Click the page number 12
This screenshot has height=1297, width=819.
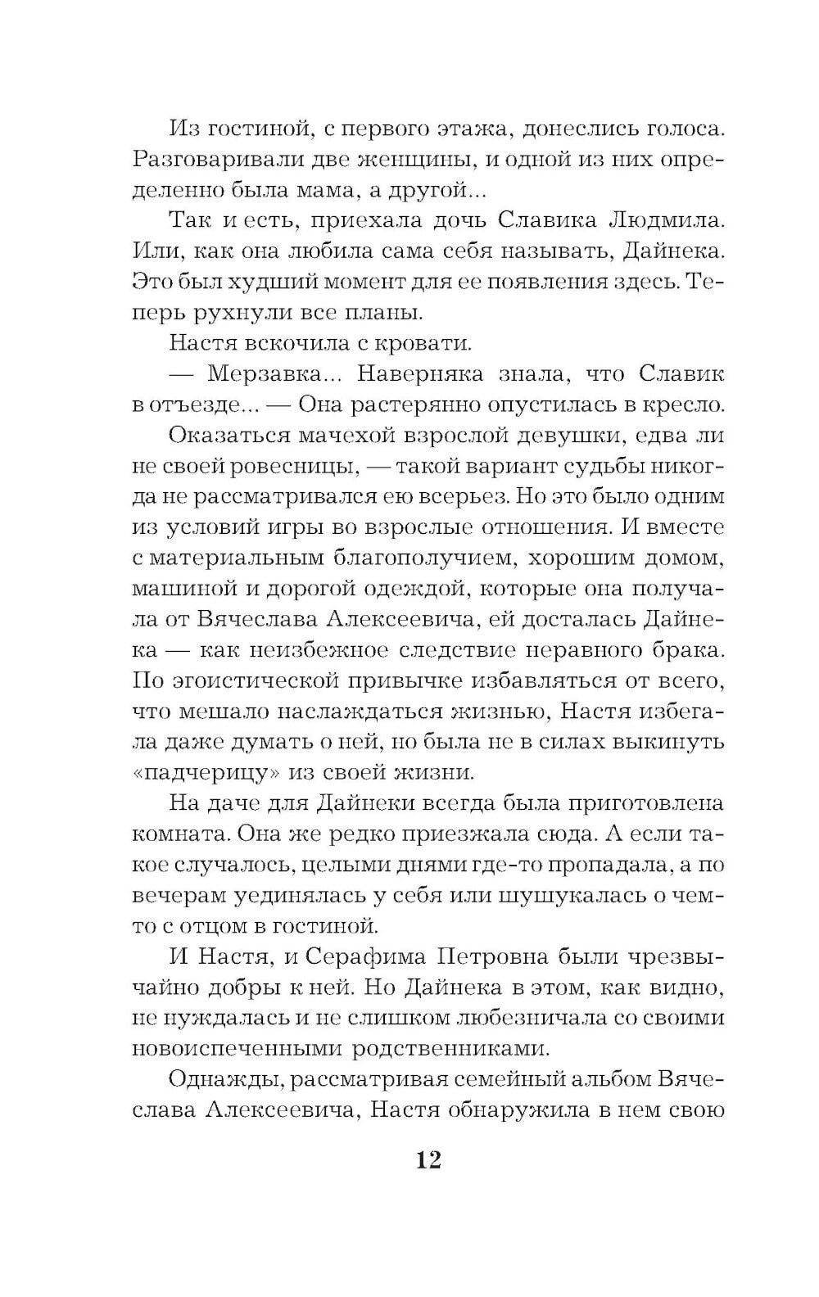tap(428, 1159)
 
